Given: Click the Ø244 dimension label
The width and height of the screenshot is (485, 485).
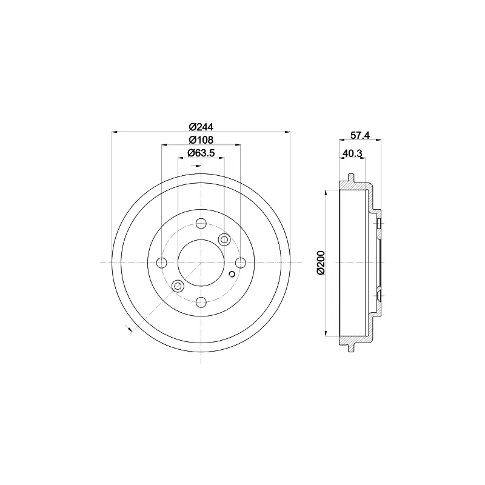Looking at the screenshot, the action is pyautogui.click(x=201, y=127).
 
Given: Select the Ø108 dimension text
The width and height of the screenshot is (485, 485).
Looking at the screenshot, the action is pyautogui.click(x=201, y=140).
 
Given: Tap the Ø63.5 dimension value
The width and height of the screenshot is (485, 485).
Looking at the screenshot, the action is pyautogui.click(x=201, y=153).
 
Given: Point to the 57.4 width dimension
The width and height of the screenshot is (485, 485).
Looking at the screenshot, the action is pyautogui.click(x=360, y=135).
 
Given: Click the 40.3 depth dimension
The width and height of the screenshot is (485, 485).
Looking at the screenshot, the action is pyautogui.click(x=353, y=153).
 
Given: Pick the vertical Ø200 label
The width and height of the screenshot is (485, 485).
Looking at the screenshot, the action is pyautogui.click(x=321, y=263).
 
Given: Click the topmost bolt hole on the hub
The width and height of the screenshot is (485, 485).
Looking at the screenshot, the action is pyautogui.click(x=201, y=223).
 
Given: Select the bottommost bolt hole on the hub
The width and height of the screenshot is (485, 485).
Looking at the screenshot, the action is pyautogui.click(x=201, y=302).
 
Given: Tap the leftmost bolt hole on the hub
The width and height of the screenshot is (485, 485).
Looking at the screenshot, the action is pyautogui.click(x=162, y=263).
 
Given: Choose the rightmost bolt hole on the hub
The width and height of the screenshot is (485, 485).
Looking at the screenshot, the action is pyautogui.click(x=240, y=263).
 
